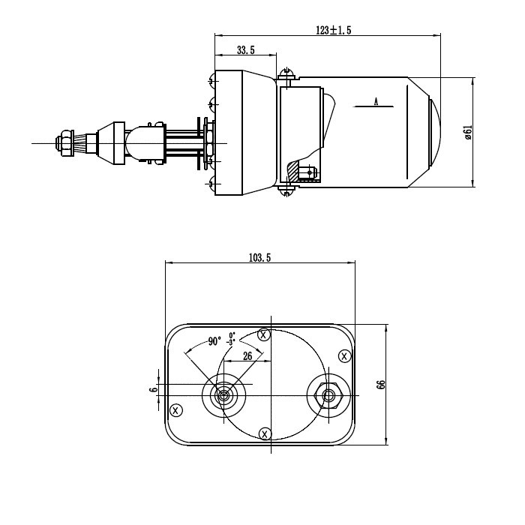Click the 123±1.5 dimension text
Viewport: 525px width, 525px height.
click(x=334, y=30)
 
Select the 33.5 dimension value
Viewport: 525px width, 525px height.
click(x=246, y=50)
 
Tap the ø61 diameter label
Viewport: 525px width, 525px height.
click(x=467, y=133)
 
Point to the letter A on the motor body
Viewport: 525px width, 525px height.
click(x=375, y=101)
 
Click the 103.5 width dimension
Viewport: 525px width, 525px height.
click(x=259, y=257)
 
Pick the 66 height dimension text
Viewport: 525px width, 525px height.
click(x=381, y=384)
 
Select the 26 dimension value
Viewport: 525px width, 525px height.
click(x=247, y=357)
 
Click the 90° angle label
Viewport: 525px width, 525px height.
click(x=214, y=341)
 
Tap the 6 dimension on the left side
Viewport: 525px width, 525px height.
click(x=153, y=390)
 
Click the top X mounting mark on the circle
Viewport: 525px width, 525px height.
click(x=263, y=334)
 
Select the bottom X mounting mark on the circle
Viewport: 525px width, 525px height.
click(x=264, y=433)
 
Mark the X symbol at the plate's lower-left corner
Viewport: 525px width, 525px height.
click(x=175, y=409)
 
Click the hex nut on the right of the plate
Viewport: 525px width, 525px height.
click(x=328, y=395)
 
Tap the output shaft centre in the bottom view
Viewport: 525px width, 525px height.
click(x=223, y=395)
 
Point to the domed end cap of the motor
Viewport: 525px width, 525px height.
click(x=433, y=132)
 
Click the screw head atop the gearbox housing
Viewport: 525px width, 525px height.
click(x=286, y=73)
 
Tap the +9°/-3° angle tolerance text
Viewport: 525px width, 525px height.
click(x=232, y=338)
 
